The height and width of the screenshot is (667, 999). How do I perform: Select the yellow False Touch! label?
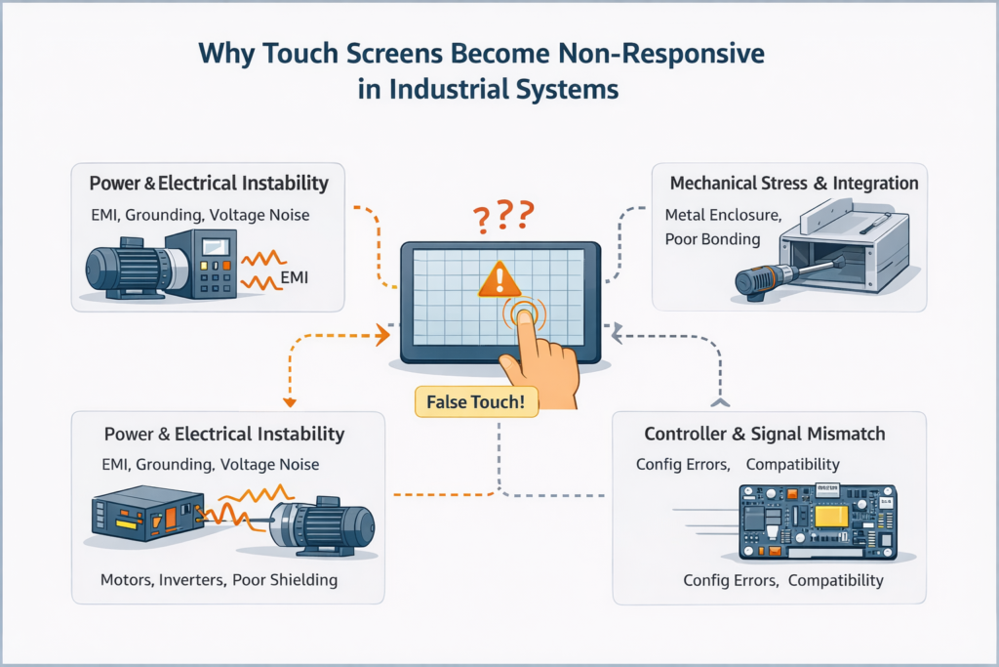[x=475, y=402]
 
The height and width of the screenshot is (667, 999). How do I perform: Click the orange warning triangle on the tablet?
[x=499, y=279]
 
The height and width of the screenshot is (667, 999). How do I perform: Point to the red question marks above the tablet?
[x=500, y=214]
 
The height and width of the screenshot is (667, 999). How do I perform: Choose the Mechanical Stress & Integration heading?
[x=794, y=183]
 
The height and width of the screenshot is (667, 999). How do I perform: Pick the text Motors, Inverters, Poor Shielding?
[x=219, y=580]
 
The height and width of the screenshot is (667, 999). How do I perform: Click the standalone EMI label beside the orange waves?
[x=294, y=278]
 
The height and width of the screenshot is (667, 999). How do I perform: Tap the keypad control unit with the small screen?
[x=199, y=263]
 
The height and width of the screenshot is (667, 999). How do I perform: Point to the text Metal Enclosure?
[x=722, y=214]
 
